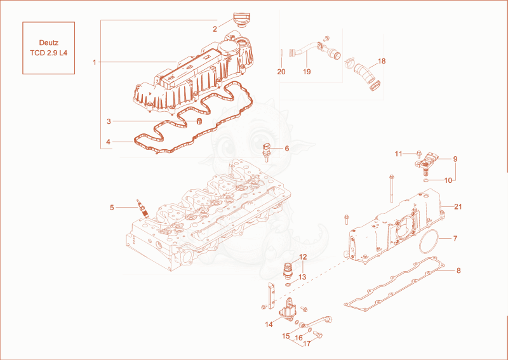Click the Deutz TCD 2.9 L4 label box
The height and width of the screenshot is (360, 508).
pos(49,48)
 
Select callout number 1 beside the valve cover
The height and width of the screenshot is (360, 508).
pos(94,62)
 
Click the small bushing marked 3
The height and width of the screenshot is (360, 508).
pos(199,121)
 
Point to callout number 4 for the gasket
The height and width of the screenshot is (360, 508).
pos(108,142)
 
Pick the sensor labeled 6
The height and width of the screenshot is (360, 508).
pos(266,152)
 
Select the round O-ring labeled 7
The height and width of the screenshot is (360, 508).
pos(429,243)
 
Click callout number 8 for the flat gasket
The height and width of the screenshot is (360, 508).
pos(458,270)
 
